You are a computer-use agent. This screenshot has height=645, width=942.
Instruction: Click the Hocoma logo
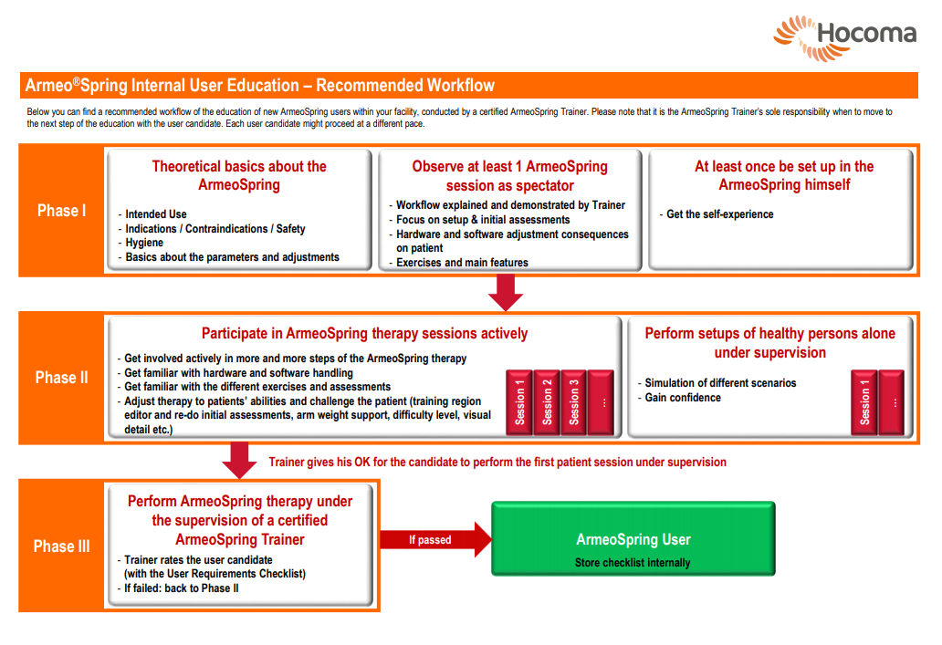844,37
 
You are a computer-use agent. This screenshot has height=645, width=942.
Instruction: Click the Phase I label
61,211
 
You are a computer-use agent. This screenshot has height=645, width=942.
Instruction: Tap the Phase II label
61,378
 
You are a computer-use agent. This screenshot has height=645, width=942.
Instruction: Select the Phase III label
61,546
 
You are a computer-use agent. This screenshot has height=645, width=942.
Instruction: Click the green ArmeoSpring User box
633,538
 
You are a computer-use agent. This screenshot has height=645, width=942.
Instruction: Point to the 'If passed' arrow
435,540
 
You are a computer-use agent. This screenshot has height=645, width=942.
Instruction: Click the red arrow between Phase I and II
506,293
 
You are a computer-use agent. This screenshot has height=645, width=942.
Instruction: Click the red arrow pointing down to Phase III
239,461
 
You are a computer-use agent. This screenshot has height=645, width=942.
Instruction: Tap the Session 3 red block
574,401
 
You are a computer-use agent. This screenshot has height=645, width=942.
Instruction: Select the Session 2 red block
547,401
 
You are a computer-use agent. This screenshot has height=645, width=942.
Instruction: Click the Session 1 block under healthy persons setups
863,401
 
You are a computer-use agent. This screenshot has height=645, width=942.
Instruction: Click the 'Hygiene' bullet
144,243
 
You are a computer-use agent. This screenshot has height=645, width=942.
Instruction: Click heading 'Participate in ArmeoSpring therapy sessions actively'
365,333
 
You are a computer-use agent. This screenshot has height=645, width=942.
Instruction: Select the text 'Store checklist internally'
633,563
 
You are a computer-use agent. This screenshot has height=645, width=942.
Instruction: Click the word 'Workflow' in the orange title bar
459,85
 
